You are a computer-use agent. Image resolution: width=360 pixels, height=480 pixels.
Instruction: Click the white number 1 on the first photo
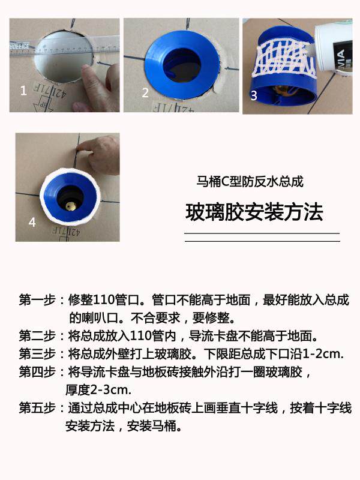23,91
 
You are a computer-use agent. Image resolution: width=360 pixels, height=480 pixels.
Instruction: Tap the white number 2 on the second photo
145,92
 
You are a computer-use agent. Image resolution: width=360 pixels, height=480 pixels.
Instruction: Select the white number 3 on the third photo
254,95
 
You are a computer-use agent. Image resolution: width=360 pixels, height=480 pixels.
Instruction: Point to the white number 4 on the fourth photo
32,222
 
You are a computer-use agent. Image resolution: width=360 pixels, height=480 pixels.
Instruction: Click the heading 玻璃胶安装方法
254,212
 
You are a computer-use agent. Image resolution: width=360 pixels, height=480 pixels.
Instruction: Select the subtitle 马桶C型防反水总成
250,181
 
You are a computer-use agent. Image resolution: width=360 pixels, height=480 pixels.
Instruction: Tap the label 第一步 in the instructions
37,300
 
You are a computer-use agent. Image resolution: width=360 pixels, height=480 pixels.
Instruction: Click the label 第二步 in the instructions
37,336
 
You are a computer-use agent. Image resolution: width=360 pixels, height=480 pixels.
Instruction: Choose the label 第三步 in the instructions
37,354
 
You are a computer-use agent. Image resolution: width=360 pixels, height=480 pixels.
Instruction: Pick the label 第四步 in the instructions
37,372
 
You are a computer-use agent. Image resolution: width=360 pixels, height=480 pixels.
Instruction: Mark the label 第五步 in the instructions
37,408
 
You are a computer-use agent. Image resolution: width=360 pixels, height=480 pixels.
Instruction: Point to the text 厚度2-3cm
98,390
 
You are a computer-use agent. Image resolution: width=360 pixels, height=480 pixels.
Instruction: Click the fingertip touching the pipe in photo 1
87,70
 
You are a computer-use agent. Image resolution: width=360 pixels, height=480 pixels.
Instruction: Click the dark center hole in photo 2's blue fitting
182,65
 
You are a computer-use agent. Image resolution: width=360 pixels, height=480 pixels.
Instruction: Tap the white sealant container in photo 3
334,47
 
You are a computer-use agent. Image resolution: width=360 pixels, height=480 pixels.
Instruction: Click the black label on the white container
343,56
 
